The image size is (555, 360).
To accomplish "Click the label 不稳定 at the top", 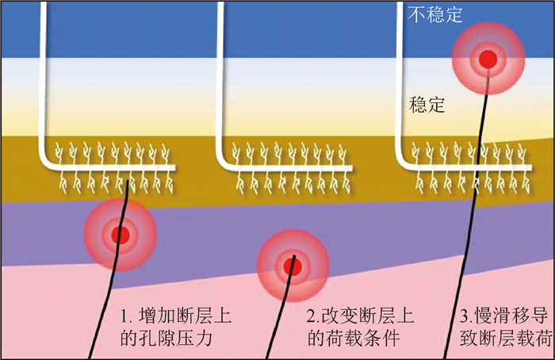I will (434, 14).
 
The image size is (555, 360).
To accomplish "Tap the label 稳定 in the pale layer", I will (428, 104).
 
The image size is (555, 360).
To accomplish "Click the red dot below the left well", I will (120, 235).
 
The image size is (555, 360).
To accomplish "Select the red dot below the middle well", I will (293, 266).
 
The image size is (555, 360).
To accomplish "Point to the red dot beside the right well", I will (488, 58).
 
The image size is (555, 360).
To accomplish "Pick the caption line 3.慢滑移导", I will (506, 315).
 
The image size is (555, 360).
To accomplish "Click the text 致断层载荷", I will (506, 338).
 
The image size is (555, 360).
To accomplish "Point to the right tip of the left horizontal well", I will (174, 167).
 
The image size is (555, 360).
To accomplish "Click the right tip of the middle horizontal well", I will (351, 167).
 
